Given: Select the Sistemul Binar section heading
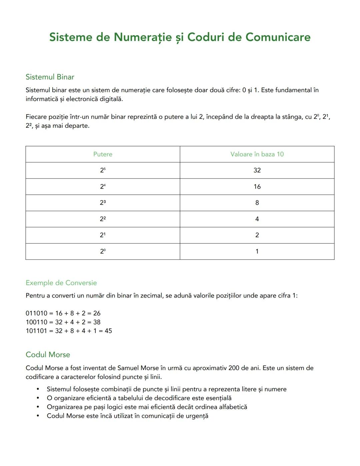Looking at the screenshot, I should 50,77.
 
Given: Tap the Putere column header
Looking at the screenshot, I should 103,154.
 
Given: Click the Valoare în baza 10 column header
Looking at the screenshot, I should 257,154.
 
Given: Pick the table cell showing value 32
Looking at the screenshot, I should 257,170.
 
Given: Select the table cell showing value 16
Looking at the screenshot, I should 257,187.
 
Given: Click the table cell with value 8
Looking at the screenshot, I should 257,203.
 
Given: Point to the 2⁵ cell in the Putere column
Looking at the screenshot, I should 103,170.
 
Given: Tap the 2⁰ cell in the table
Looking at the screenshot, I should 103,252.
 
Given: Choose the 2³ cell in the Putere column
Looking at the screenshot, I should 103,203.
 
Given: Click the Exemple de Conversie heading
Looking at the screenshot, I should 61,283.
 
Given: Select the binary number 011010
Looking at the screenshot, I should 36,314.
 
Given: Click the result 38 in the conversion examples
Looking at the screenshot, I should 97,322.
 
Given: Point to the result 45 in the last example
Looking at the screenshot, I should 108,331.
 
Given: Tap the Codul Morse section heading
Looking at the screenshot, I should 48,355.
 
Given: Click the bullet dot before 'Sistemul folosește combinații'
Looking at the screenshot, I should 38,389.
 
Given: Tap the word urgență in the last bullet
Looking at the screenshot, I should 197,416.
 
